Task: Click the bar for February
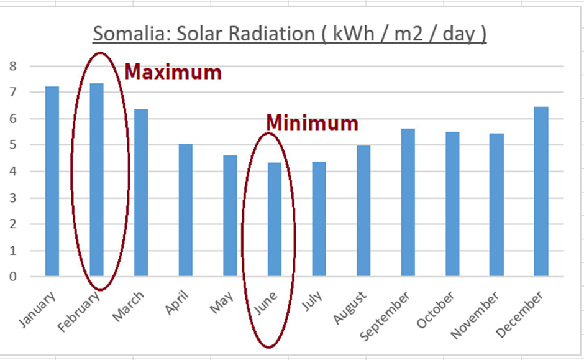[x=96, y=180]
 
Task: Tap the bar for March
[x=141, y=193]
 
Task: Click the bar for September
[x=408, y=202]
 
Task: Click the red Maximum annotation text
[x=173, y=72]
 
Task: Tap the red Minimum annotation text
[x=312, y=123]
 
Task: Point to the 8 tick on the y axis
[x=14, y=66]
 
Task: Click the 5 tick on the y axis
[x=14, y=145]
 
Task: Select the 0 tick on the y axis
[x=14, y=277]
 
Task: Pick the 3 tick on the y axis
[x=14, y=198]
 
